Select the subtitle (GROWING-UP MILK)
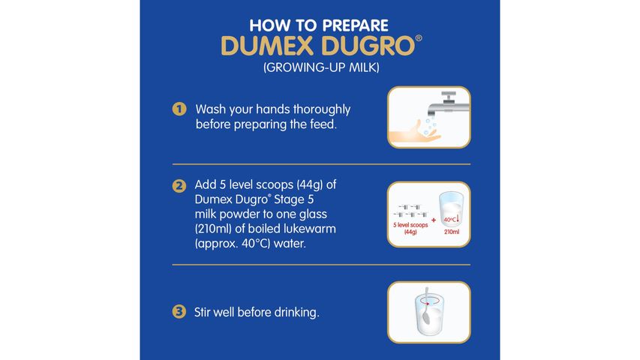pos(320,68)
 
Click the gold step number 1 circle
pos(179,109)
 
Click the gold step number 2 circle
pos(179,185)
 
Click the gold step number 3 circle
pos(179,311)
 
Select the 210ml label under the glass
pos(450,232)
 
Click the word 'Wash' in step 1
pos(209,109)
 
